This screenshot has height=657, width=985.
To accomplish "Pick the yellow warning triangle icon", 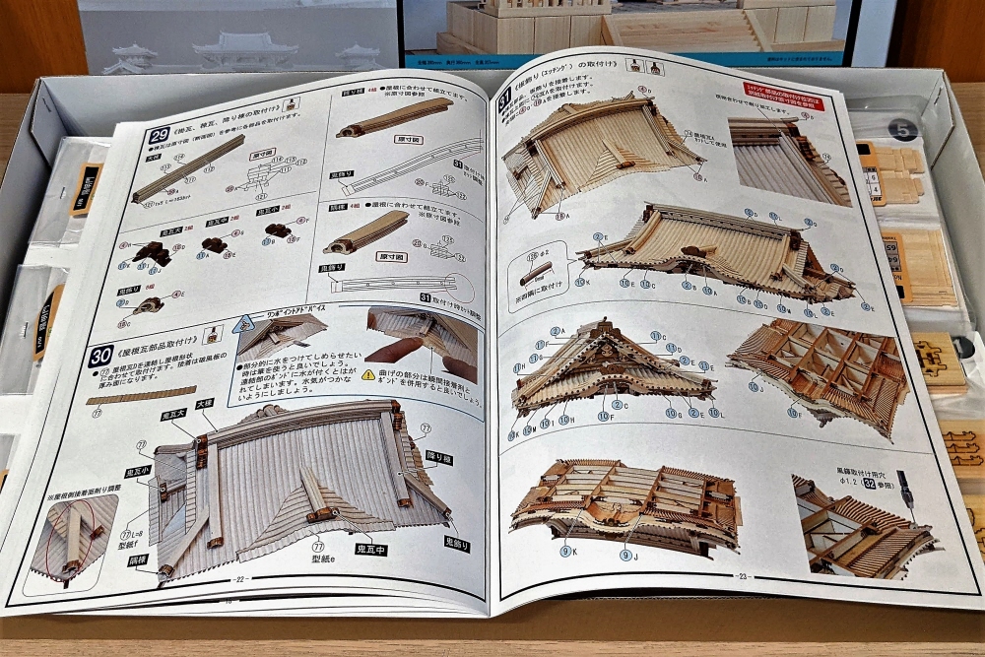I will (368, 374).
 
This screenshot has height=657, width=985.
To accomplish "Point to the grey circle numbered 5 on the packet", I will (902, 129).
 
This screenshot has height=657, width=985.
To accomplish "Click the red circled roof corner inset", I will (73, 538).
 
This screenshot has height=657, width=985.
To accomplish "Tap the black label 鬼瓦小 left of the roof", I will (138, 471).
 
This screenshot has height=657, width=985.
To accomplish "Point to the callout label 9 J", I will (626, 556).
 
